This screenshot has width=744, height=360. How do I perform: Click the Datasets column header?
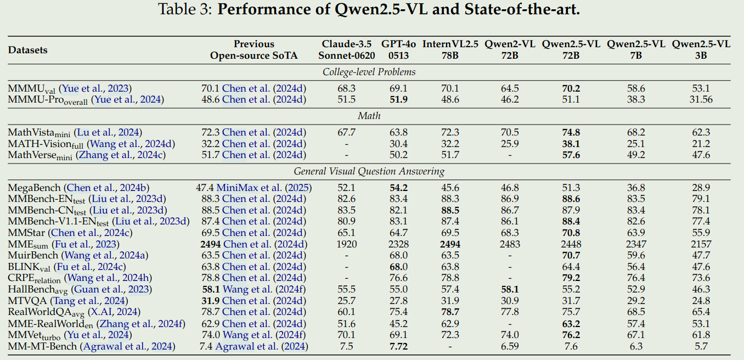pyautogui.click(x=27, y=50)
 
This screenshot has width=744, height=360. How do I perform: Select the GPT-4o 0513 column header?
pyautogui.click(x=398, y=49)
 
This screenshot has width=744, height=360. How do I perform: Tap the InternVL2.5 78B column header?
pyautogui.click(x=450, y=49)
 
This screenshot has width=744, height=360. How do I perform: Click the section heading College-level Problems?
pyautogui.click(x=369, y=72)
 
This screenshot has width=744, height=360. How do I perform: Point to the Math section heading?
pyautogui.click(x=369, y=116)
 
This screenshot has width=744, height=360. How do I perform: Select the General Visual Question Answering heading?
pyautogui.click(x=369, y=171)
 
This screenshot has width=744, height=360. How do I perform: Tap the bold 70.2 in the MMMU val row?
pyautogui.click(x=571, y=89)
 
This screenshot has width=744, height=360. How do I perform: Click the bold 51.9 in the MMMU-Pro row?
pyautogui.click(x=398, y=100)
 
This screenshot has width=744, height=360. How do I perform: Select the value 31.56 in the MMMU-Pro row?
pyautogui.click(x=701, y=100)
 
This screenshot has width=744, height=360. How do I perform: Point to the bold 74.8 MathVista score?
pyautogui.click(x=571, y=132)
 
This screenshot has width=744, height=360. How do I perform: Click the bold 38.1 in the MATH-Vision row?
pyautogui.click(x=571, y=144)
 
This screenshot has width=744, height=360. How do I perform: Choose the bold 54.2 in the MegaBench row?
pyautogui.click(x=398, y=188)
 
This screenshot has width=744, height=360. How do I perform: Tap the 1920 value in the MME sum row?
pyautogui.click(x=346, y=244)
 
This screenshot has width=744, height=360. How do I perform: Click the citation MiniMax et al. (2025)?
pyautogui.click(x=264, y=188)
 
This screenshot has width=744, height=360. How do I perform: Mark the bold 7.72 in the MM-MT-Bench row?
pyautogui.click(x=398, y=346)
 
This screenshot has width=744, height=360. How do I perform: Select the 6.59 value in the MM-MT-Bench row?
pyautogui.click(x=510, y=346)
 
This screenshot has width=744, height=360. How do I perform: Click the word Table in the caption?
pyautogui.click(x=176, y=9)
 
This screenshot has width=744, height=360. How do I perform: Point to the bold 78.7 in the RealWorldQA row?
pyautogui.click(x=450, y=312)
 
